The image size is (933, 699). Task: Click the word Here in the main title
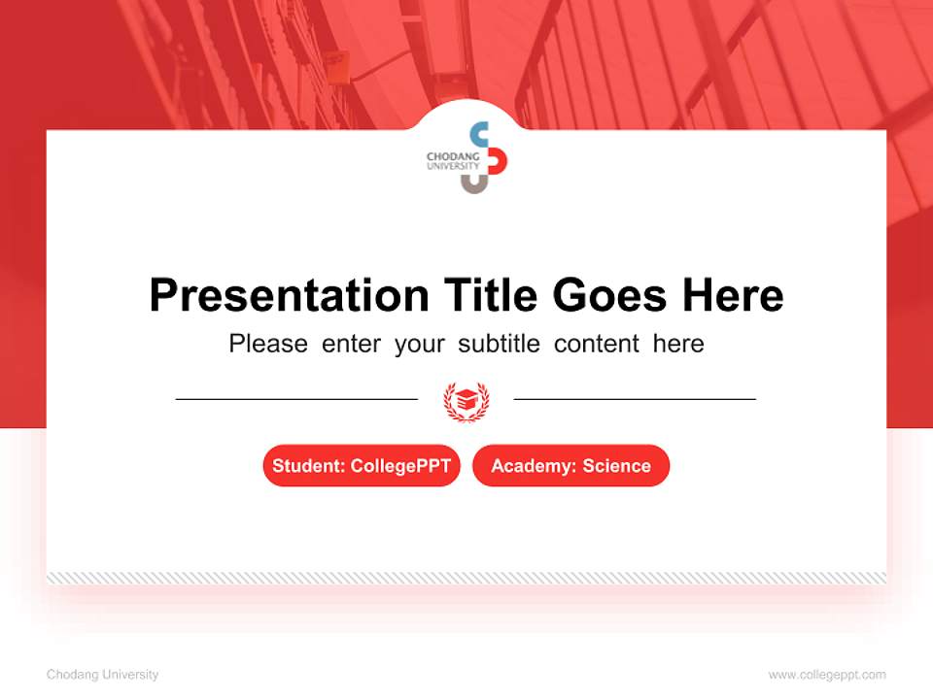coord(731,295)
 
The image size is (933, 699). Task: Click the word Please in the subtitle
coord(268,344)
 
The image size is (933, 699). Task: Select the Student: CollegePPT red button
coord(362,466)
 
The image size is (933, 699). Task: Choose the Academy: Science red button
coord(570,466)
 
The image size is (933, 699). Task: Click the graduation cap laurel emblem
coord(466,400)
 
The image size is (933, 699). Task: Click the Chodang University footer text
coord(102,675)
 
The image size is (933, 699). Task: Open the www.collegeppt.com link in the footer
coord(827,675)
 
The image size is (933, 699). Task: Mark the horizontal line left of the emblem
coord(296,399)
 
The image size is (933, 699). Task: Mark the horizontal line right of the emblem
coord(635,399)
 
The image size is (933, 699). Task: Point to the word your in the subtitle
coord(419,344)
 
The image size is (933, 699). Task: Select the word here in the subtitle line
coord(678,344)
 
